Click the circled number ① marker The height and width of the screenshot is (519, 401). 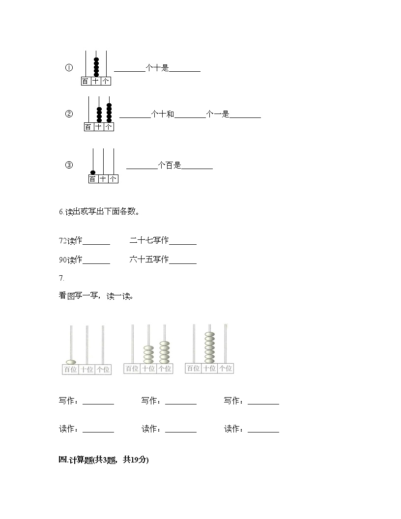(69, 68)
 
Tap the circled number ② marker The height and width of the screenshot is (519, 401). (69, 114)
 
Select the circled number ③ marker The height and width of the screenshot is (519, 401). (69, 165)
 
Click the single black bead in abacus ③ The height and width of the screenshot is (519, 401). (93, 173)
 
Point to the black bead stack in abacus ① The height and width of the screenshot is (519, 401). (96, 67)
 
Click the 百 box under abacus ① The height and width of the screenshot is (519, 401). (86, 81)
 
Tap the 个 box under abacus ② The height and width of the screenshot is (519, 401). (109, 127)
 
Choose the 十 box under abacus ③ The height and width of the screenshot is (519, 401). (103, 179)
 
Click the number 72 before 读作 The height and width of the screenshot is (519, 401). (63, 241)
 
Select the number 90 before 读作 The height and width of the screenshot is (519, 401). (63, 260)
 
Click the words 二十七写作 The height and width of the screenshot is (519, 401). (149, 240)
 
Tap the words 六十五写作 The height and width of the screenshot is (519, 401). (149, 259)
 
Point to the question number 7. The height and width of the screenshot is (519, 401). (61, 278)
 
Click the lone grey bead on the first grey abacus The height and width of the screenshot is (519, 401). (71, 362)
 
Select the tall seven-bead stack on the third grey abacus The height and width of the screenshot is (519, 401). (210, 347)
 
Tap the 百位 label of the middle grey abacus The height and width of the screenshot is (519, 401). (132, 369)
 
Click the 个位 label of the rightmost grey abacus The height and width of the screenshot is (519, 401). (226, 369)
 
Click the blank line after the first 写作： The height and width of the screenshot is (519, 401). (98, 404)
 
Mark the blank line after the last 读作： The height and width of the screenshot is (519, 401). (263, 432)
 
